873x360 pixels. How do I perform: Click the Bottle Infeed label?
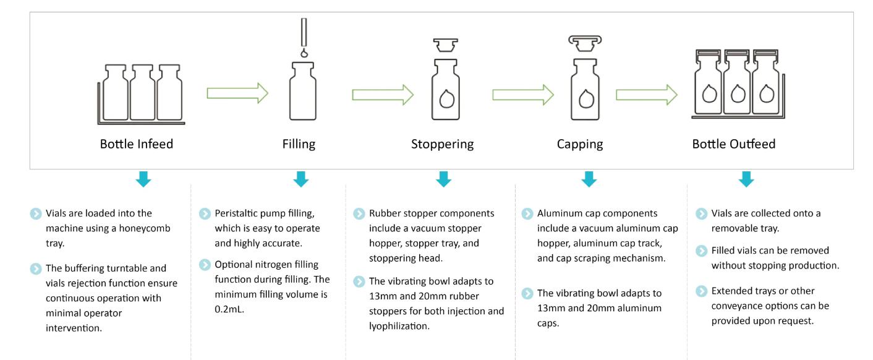coord(137,144)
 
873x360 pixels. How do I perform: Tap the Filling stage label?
coord(299,144)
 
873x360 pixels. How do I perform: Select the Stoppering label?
coord(442,144)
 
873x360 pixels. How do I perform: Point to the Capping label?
coord(579,144)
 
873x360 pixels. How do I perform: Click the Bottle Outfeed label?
coord(733,144)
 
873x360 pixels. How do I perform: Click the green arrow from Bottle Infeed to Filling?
coord(237,93)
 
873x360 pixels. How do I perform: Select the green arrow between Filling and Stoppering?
coord(383,95)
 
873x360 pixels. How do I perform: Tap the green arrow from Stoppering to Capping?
coord(523,95)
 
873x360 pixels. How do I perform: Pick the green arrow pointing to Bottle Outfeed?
coord(647,95)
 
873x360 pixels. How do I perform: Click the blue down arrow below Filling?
coord(301,179)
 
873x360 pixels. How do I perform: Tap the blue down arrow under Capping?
coord(589,179)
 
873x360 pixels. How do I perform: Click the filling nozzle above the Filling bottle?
coord(304,32)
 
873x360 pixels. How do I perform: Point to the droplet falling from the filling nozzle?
coord(304,53)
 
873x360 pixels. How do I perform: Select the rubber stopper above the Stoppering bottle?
coord(445,45)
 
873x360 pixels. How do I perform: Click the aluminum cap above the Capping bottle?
coord(585,43)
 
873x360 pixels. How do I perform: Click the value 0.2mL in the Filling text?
coord(229,309)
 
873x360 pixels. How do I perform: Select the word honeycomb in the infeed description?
coord(144,229)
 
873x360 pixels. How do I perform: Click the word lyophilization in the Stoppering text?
coord(399,327)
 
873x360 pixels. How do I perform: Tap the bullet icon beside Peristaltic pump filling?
coord(205,214)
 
